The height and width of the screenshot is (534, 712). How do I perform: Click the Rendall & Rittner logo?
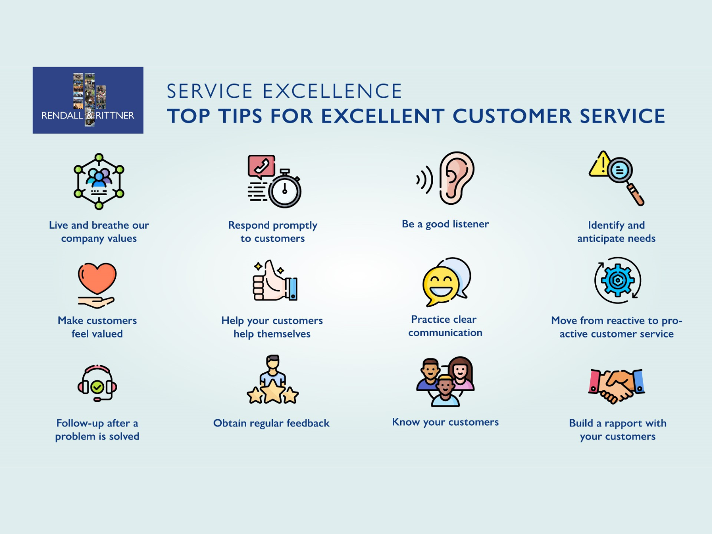pos(88,100)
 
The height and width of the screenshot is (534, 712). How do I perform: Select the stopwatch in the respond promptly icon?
pos(285,190)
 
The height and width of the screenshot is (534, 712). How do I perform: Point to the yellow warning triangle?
pos(599,166)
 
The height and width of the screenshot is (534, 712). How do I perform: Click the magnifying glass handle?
pos(636,194)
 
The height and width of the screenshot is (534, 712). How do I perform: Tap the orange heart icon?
pos(97,277)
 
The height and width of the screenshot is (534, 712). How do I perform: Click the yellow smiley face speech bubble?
pos(440,286)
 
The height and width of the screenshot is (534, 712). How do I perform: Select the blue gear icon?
pos(617,280)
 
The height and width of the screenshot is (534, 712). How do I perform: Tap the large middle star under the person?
pos(273,391)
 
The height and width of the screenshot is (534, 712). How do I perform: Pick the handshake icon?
pos(616,385)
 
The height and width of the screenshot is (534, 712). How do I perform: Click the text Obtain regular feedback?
pos(271,423)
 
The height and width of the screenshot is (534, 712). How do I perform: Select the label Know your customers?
pos(445,422)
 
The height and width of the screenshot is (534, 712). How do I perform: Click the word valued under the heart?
pos(107,334)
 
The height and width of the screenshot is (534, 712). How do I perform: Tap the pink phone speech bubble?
pos(261,166)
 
